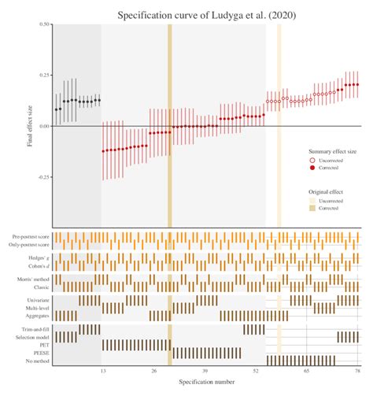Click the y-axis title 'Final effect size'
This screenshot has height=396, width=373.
(31, 126)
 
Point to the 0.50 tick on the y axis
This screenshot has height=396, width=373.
(44, 24)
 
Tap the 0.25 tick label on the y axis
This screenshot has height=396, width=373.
(44, 75)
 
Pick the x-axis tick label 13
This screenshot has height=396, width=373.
(102, 369)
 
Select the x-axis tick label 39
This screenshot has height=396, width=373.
(205, 369)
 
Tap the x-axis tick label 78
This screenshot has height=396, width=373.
(357, 369)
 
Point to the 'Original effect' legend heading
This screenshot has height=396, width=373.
(323, 191)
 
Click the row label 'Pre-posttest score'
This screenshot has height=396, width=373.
(31, 237)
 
